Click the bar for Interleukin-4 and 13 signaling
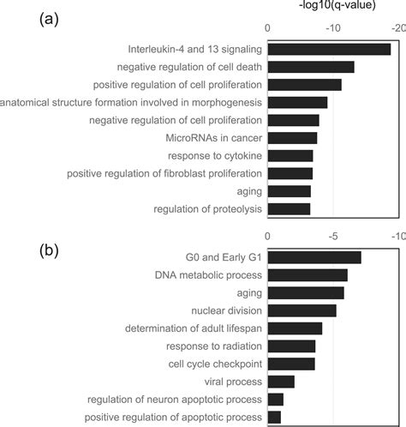coord(329,49)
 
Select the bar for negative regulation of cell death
coord(311,67)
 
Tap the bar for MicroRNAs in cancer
coord(292,138)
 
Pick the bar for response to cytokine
coord(290,156)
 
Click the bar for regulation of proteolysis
coord(289,208)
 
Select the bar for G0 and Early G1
coord(314,257)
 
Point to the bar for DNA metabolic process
coord(307,275)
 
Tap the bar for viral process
coord(281,382)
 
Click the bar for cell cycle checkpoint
coord(291,364)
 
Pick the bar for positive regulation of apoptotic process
coord(274,417)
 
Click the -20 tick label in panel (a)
coord(397,28)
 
